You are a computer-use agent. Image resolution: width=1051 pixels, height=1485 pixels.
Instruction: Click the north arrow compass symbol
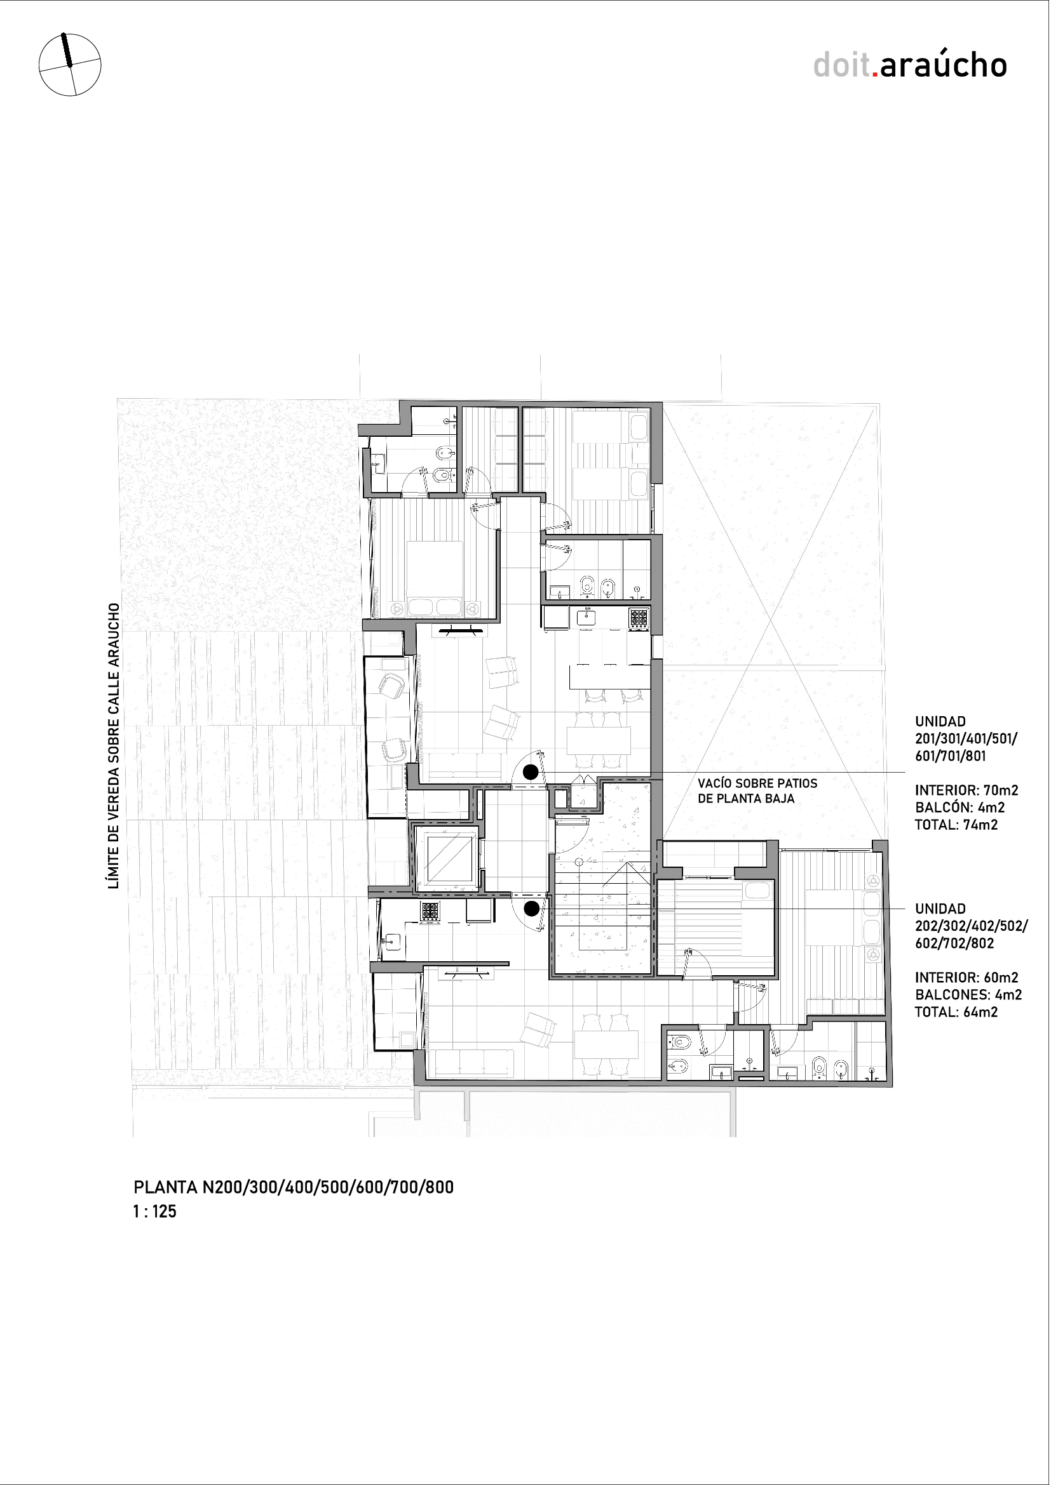tap(70, 65)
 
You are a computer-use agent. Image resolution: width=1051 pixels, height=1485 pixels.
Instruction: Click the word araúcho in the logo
tap(943, 65)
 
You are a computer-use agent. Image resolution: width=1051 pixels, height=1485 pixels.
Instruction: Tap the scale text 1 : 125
tap(154, 1211)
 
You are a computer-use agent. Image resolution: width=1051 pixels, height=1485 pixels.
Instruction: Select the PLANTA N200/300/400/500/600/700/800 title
tap(293, 1187)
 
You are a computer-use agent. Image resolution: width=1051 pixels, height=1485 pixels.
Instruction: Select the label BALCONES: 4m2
tap(968, 995)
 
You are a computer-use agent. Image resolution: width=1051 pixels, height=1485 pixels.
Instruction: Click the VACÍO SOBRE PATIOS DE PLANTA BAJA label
tap(757, 791)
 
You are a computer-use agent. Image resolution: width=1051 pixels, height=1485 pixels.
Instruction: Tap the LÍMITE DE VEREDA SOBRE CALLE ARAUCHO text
tap(114, 746)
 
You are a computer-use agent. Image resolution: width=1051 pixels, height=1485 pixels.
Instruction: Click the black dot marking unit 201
tap(531, 771)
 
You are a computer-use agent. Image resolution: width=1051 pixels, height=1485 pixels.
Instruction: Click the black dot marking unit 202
tap(531, 909)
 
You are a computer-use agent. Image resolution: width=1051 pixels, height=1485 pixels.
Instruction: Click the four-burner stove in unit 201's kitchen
tap(639, 618)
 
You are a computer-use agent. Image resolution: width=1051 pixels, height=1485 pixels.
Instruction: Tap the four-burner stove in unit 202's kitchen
tap(430, 911)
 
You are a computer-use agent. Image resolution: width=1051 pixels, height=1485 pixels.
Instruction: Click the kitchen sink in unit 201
tap(587, 617)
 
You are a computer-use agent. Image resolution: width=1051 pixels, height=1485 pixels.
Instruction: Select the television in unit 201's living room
tap(461, 630)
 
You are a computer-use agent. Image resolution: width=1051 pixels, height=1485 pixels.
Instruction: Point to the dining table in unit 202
tap(606, 1044)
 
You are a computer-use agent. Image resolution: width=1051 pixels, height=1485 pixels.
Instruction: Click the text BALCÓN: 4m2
tap(959, 808)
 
